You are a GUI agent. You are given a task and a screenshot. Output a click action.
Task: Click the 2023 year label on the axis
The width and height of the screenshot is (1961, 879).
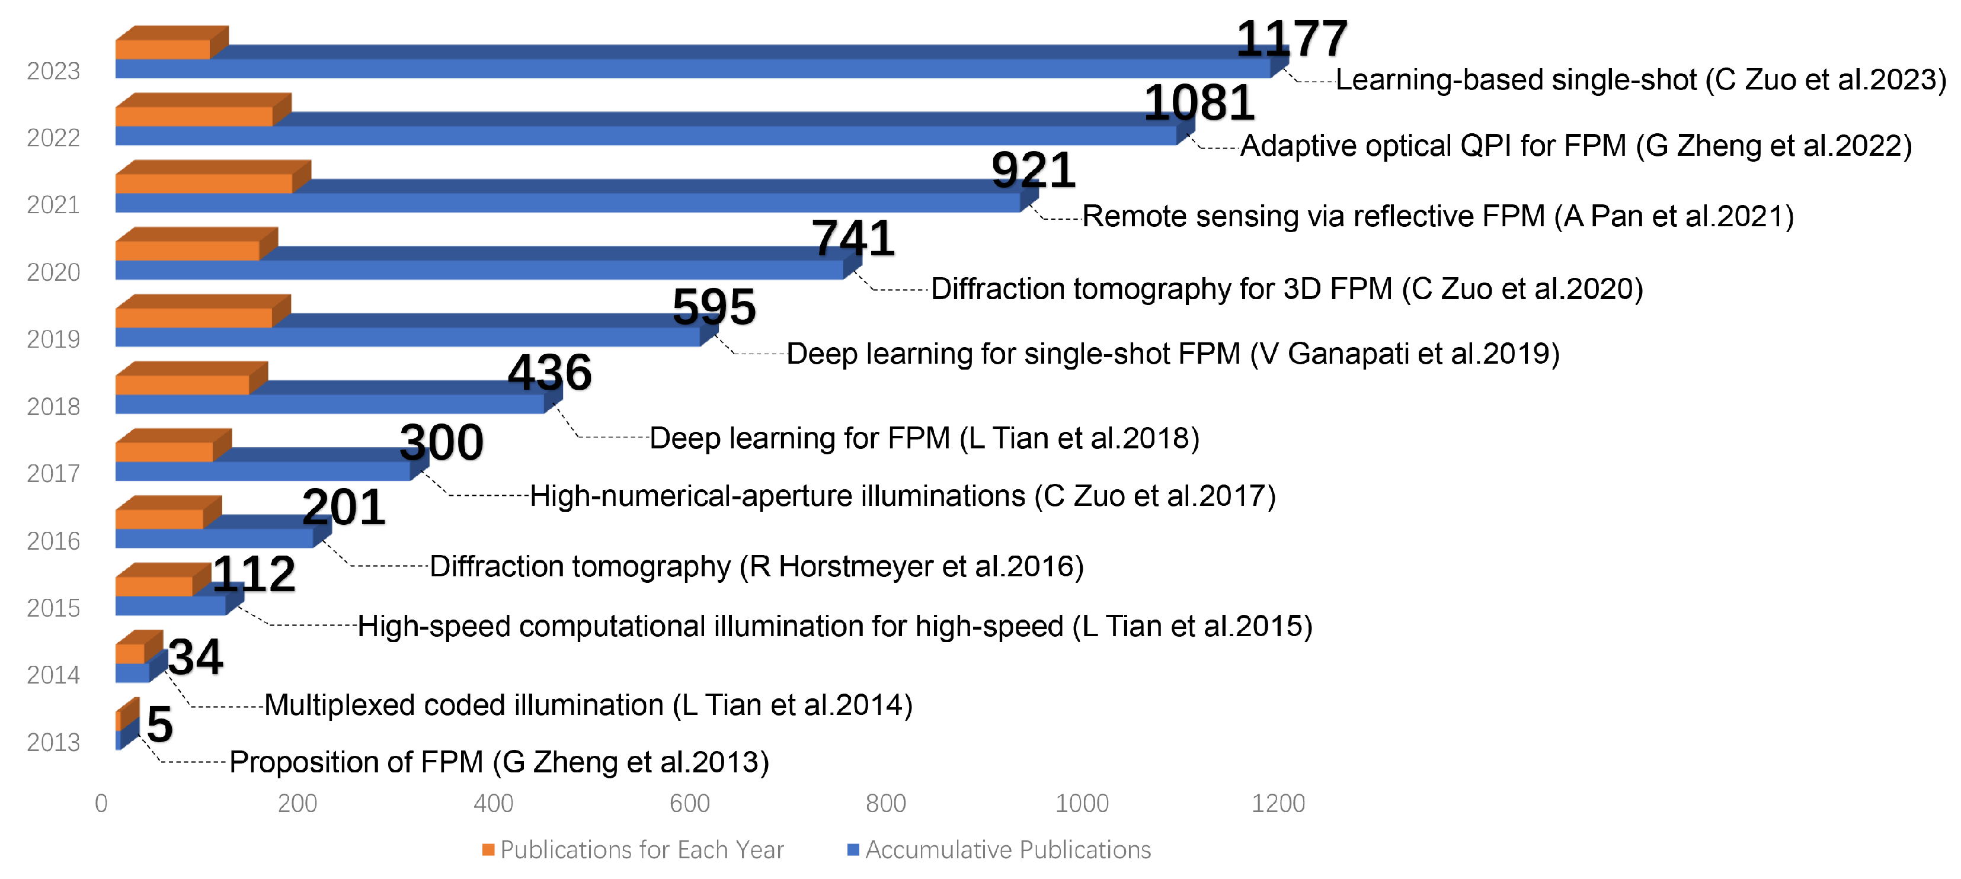[x=53, y=70]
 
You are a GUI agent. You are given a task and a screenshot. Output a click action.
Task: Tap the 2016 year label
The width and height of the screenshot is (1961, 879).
[x=53, y=541]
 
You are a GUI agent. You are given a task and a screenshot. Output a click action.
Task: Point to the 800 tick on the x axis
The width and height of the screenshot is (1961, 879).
[x=886, y=803]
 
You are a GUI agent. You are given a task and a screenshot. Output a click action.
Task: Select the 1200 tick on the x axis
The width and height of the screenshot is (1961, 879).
[x=1278, y=803]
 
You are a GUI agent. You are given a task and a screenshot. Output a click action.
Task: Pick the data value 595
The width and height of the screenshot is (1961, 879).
[x=714, y=307]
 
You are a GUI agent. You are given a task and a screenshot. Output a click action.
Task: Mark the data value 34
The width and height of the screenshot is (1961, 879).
[x=196, y=657]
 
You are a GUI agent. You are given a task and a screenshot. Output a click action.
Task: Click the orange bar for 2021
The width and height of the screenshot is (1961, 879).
[x=204, y=184]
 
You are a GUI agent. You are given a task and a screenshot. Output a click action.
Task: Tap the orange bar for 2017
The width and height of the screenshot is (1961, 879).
[x=164, y=452]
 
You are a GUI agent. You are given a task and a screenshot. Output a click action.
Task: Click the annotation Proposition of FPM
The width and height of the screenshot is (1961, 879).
[x=500, y=762]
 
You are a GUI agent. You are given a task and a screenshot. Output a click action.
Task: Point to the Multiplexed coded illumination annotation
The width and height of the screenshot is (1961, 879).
[x=588, y=705]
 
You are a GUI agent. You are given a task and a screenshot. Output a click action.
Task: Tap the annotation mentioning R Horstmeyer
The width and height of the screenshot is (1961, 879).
[x=757, y=566]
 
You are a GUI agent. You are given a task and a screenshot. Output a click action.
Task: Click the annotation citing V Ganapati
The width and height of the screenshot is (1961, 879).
[x=1173, y=354]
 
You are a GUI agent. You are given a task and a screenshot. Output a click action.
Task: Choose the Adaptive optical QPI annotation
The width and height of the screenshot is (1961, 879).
[x=1576, y=145]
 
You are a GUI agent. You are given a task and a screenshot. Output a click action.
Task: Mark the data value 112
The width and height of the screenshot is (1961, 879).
[x=254, y=574]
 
